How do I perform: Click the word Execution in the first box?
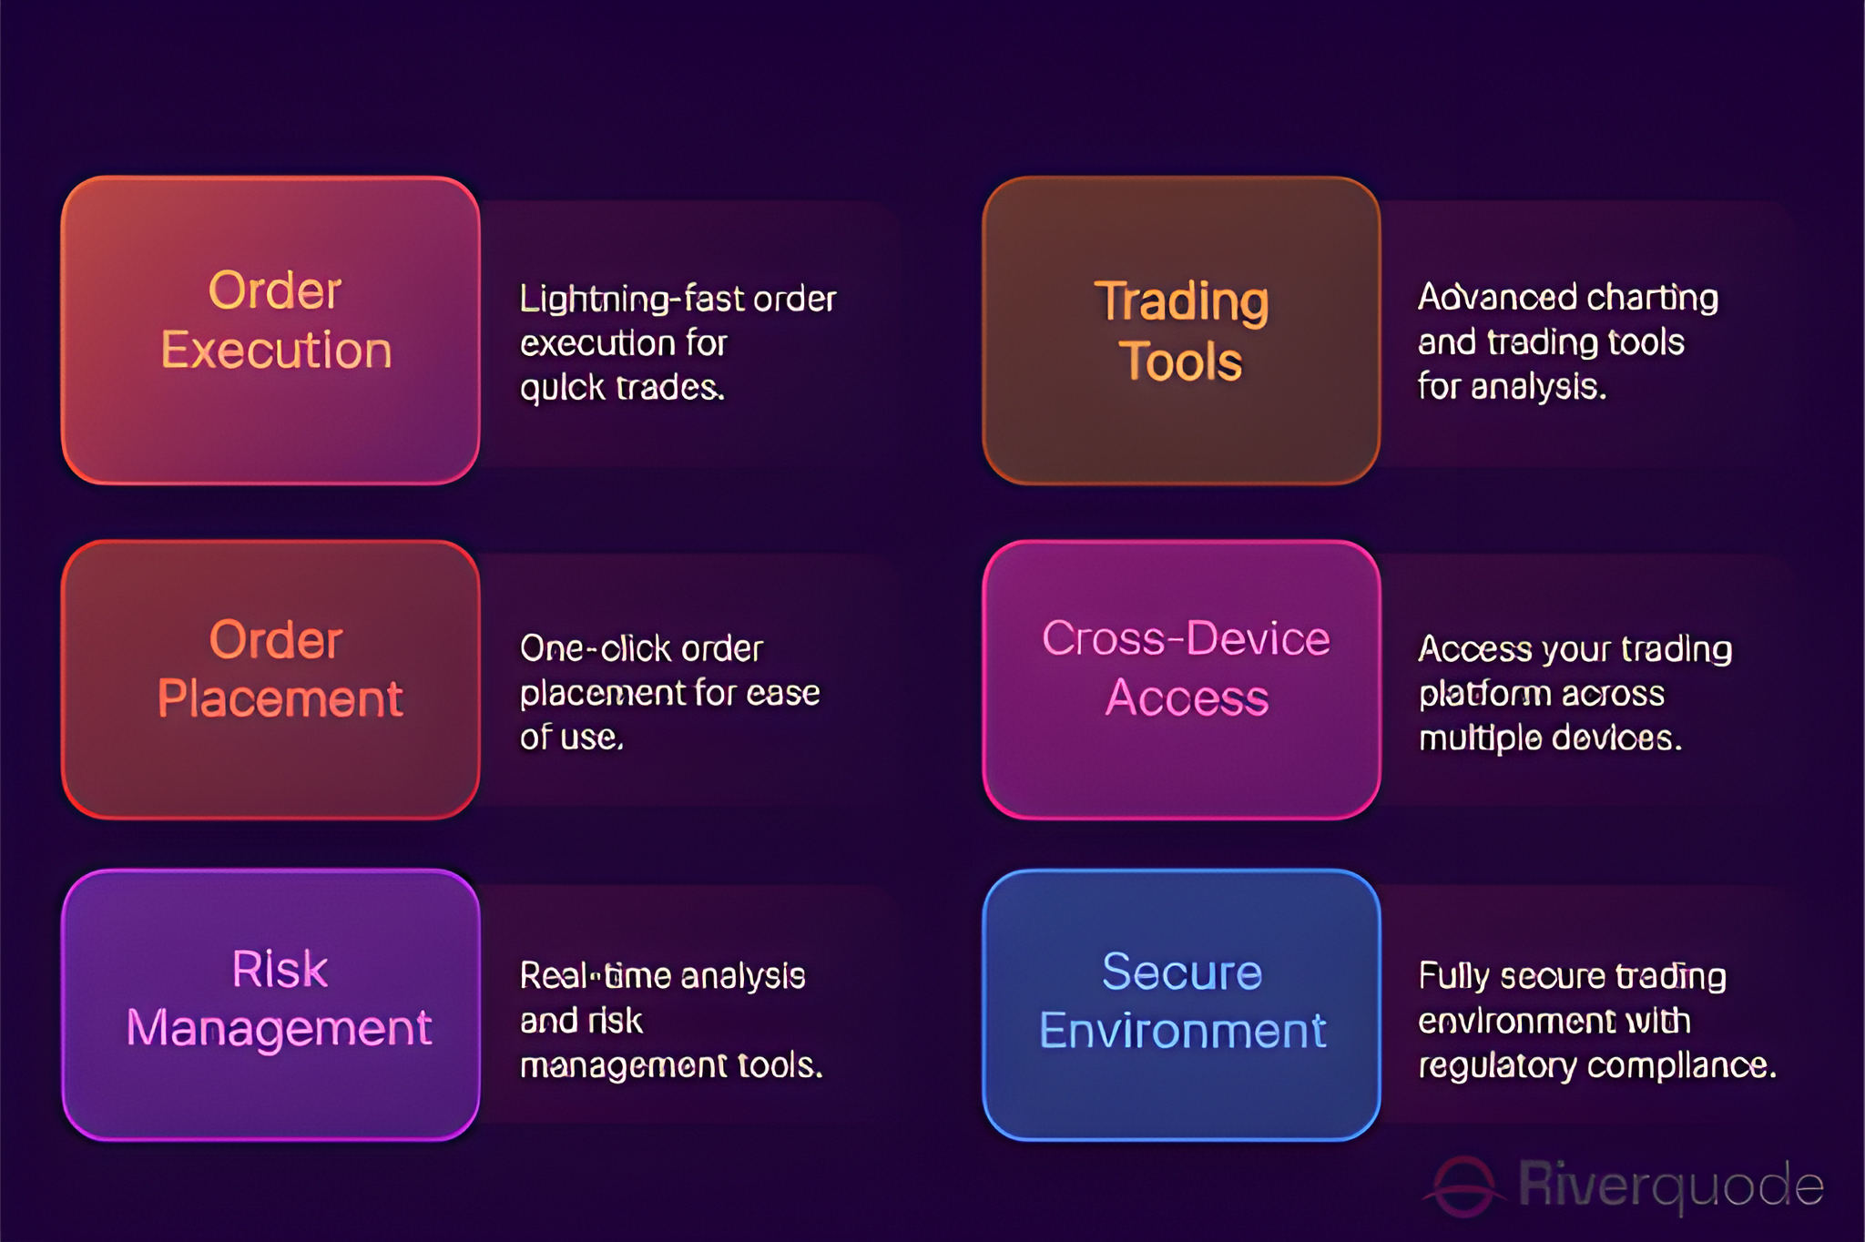pyautogui.click(x=276, y=351)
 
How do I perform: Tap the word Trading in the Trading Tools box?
pyautogui.click(x=1181, y=302)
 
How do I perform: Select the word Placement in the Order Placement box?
pyautogui.click(x=280, y=700)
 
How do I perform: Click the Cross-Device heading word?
pyautogui.click(x=1186, y=638)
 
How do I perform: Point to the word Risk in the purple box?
pyautogui.click(x=280, y=969)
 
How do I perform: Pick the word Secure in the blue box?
pyautogui.click(x=1182, y=972)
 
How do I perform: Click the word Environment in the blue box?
pyautogui.click(x=1182, y=1031)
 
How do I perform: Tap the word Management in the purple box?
pyautogui.click(x=279, y=1029)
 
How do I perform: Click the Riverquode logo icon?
pyautogui.click(x=1463, y=1186)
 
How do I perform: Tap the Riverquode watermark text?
pyautogui.click(x=1671, y=1186)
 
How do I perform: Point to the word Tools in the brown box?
pyautogui.click(x=1180, y=361)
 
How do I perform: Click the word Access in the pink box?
pyautogui.click(x=1187, y=698)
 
